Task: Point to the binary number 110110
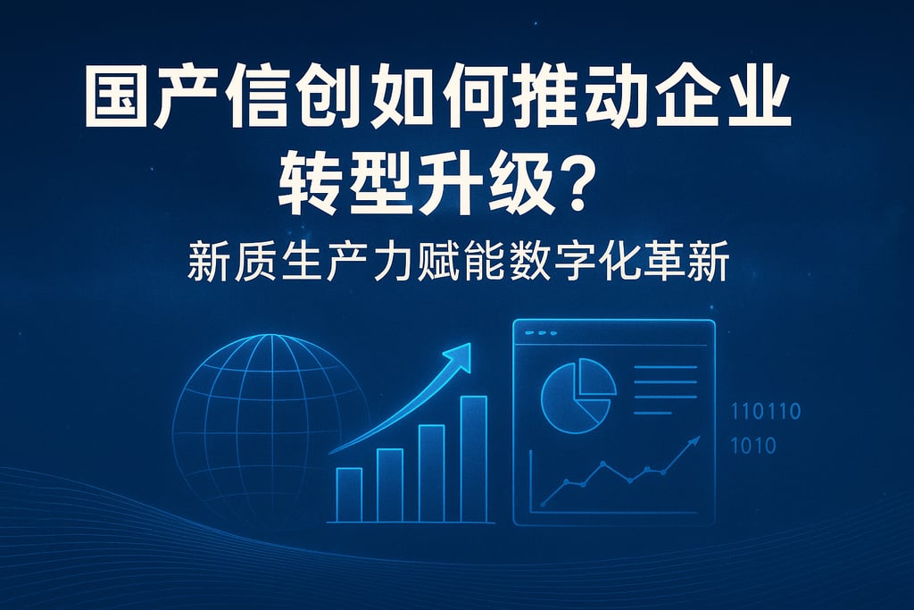(766, 412)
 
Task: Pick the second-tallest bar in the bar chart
(431, 472)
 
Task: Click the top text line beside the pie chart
(664, 367)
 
